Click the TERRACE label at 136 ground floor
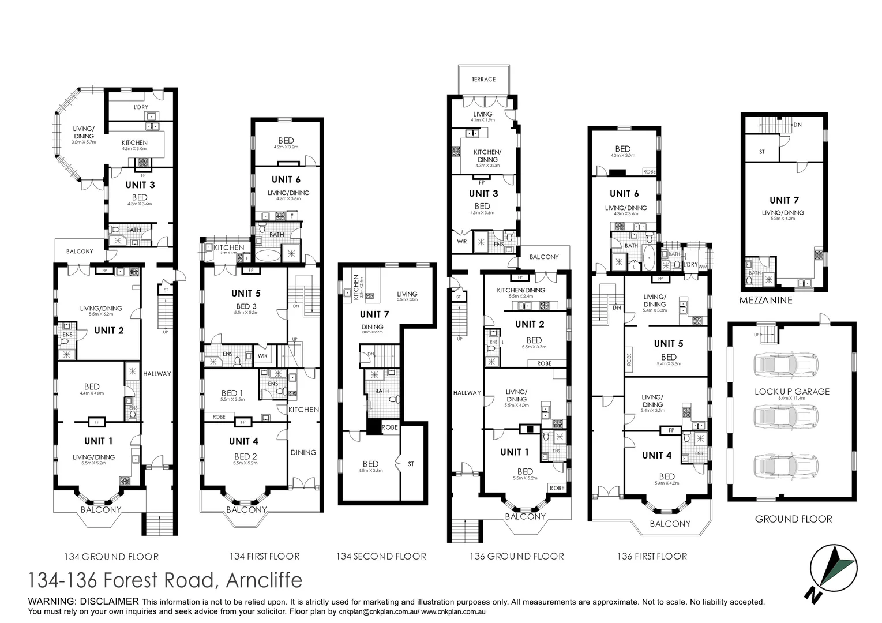(x=483, y=80)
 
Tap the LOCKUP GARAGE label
(x=791, y=391)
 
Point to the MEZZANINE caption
(x=765, y=301)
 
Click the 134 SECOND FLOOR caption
(x=381, y=556)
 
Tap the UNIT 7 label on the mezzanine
(x=784, y=200)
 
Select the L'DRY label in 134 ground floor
(x=141, y=107)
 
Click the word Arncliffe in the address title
(x=264, y=580)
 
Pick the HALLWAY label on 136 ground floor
(x=467, y=393)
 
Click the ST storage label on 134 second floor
(x=411, y=464)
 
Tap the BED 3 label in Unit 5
(x=243, y=306)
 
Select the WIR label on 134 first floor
(x=262, y=356)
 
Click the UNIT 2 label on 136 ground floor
(x=530, y=324)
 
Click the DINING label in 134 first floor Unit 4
(x=303, y=452)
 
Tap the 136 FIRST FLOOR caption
(x=651, y=556)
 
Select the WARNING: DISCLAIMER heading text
(x=84, y=602)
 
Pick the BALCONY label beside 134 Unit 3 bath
(x=80, y=252)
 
